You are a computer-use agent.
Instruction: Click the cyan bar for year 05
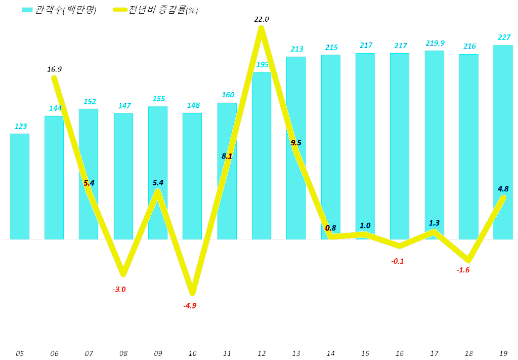pyautogui.click(x=20, y=186)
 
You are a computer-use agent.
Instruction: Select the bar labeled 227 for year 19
pyautogui.click(x=503, y=142)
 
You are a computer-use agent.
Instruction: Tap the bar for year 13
pyautogui.click(x=296, y=148)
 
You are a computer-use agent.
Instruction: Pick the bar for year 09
pyautogui.click(x=158, y=173)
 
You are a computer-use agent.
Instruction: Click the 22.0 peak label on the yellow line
pyautogui.click(x=262, y=19)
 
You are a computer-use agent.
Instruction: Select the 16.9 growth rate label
pyautogui.click(x=55, y=69)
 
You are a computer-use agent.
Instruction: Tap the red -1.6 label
pyautogui.click(x=463, y=270)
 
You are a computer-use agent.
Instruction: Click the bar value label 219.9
pyautogui.click(x=434, y=43)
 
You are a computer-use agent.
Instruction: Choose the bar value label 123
pyautogui.click(x=20, y=127)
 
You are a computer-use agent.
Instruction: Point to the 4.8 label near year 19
pyautogui.click(x=503, y=189)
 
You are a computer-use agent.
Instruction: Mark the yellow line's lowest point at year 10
pyautogui.click(x=192, y=293)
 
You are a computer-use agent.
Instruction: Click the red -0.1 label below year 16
pyautogui.click(x=398, y=261)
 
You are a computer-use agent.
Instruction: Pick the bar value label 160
pyautogui.click(x=227, y=95)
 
